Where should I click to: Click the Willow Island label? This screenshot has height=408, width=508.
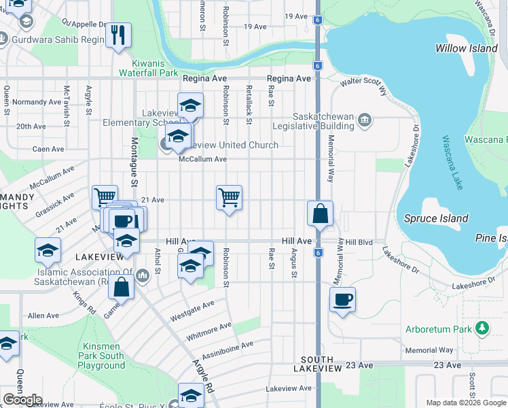(461, 48)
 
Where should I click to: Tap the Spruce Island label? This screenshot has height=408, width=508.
(436, 218)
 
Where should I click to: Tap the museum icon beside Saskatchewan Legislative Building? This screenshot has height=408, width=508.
(365, 121)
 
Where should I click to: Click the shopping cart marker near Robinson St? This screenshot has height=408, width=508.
(230, 197)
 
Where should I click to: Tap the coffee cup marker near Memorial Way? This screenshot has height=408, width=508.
(343, 299)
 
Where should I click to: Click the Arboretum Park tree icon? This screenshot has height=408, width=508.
(482, 329)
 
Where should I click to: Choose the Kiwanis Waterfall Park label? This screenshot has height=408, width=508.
(149, 67)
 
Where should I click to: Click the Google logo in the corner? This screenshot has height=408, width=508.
(22, 400)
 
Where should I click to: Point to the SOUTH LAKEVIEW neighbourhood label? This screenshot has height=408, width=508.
(313, 363)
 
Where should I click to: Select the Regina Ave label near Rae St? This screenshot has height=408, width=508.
(289, 79)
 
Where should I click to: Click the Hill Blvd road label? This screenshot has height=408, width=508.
(359, 242)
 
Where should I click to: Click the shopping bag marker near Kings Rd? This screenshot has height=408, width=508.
(121, 286)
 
